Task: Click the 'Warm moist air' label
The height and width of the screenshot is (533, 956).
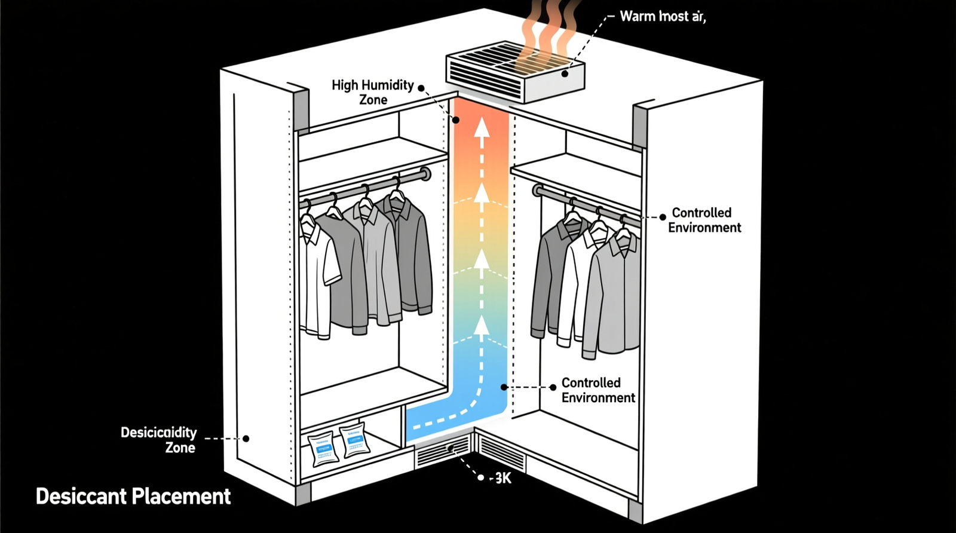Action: (662, 16)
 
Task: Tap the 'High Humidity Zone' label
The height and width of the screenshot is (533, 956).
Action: (372, 92)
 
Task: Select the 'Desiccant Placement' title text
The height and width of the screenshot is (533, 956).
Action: (133, 496)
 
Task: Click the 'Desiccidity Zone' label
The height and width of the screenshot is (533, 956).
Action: (159, 439)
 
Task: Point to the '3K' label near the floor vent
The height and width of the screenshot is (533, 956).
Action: (502, 478)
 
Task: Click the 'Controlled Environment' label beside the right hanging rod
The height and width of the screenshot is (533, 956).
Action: (704, 220)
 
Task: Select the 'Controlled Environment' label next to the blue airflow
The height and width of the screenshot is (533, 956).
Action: (597, 390)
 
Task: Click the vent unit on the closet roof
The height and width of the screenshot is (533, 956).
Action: (515, 71)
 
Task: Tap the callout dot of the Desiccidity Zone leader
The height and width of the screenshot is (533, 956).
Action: (246, 438)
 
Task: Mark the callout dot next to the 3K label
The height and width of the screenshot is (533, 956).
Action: (481, 477)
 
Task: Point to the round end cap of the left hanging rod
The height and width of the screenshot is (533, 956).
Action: (425, 174)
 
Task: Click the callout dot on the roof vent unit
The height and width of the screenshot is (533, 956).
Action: (565, 74)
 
